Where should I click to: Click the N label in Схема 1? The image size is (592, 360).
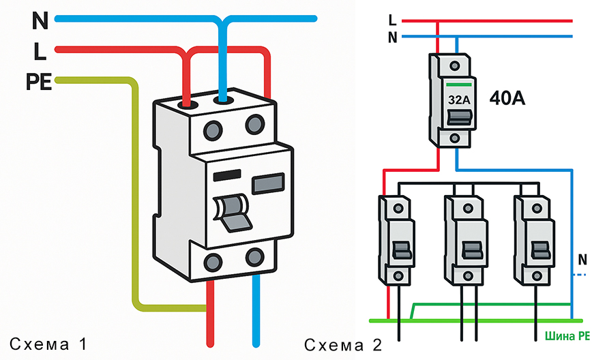40,21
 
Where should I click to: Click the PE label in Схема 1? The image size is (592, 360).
40,82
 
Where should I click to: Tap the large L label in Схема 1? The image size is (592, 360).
40,52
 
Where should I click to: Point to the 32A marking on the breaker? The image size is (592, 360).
459,99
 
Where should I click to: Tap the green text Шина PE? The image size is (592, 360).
567,335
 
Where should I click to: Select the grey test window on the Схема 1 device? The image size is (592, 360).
268,183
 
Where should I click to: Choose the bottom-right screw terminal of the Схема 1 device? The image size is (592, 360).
256,257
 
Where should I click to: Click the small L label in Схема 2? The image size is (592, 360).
391,20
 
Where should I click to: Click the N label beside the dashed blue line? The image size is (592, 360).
582,260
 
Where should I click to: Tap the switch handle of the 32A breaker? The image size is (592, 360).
458,118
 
